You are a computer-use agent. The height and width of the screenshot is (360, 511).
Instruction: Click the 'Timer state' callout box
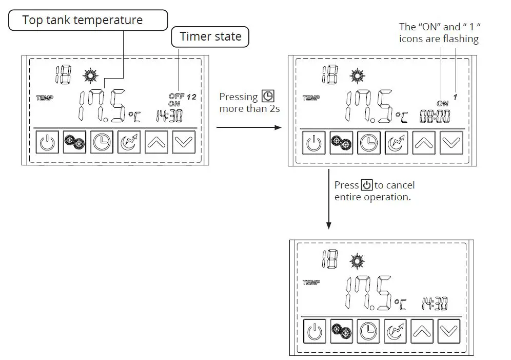pyautogui.click(x=210, y=37)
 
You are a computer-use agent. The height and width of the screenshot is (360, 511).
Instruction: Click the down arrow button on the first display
pyautogui.click(x=183, y=142)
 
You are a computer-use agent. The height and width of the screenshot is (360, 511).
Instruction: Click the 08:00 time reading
pyautogui.click(x=435, y=116)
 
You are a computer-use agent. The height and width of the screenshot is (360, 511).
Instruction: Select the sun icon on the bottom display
pyautogui.click(x=357, y=261)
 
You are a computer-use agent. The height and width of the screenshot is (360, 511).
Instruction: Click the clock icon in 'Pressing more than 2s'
pyautogui.click(x=268, y=97)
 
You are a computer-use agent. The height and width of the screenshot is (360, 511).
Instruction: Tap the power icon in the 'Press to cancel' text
pyautogui.click(x=366, y=185)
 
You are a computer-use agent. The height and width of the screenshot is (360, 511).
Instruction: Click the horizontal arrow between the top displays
pyautogui.click(x=249, y=126)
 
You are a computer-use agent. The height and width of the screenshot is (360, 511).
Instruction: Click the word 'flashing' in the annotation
pyautogui.click(x=461, y=39)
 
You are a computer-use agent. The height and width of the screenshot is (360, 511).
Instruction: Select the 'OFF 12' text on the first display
pyautogui.click(x=182, y=97)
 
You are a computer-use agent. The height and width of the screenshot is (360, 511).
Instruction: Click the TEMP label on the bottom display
pyautogui.click(x=311, y=282)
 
